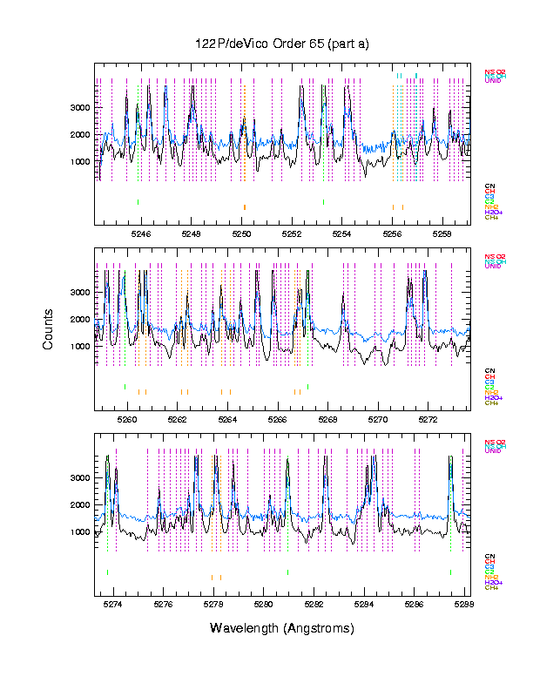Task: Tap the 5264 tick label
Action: point(228,418)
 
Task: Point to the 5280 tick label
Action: point(263,603)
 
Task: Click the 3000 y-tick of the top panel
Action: point(80,107)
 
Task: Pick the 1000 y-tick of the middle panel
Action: point(80,346)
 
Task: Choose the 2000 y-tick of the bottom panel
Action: point(80,504)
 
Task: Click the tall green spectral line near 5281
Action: point(287,488)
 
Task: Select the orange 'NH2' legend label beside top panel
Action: point(490,207)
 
